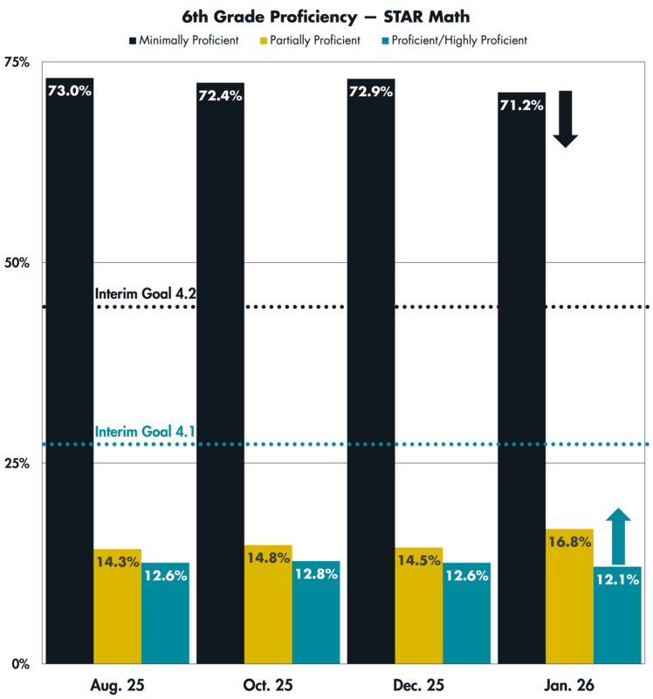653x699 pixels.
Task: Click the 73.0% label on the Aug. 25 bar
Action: pyautogui.click(x=68, y=91)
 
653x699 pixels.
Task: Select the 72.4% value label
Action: pyautogui.click(x=220, y=95)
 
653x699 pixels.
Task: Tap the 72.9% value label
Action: pyautogui.click(x=371, y=92)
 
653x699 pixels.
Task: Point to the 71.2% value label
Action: pyautogui.click(x=521, y=105)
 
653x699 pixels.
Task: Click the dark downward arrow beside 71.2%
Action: pyautogui.click(x=565, y=120)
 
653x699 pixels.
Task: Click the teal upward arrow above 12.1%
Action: pyautogui.click(x=618, y=536)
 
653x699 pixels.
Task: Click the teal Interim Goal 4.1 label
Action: pyautogui.click(x=143, y=431)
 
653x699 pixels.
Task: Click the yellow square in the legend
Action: pyautogui.click(x=264, y=40)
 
